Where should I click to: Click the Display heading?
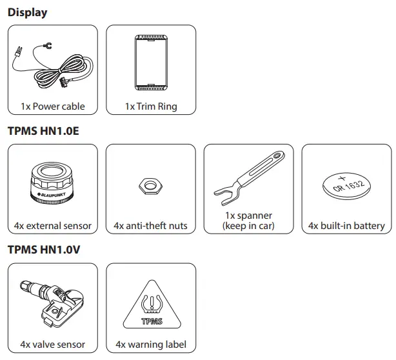click(x=27, y=13)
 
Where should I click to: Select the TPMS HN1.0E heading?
click(x=43, y=131)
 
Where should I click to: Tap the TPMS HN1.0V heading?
click(x=43, y=249)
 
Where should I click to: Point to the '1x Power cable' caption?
click(x=52, y=106)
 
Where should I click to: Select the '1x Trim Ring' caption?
click(x=151, y=106)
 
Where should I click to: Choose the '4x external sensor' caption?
click(x=52, y=226)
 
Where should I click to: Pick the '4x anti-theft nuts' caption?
click(x=151, y=226)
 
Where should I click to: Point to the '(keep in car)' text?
click(x=248, y=226)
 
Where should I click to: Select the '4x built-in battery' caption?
click(x=346, y=226)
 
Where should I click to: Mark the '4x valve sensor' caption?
click(x=52, y=344)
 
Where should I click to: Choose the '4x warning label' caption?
click(x=151, y=344)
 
